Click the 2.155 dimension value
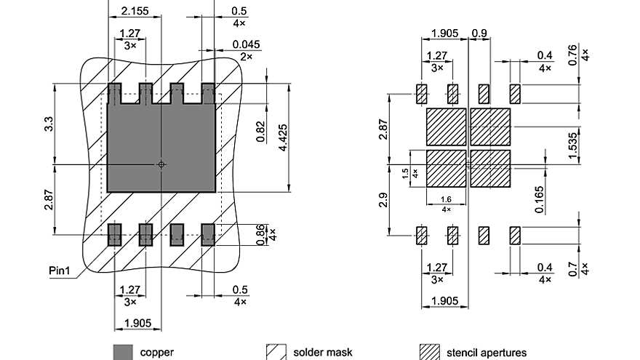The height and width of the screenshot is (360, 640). pos(132,11)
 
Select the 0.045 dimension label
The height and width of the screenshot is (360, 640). pos(245,45)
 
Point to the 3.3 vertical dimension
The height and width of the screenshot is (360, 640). pos(48,124)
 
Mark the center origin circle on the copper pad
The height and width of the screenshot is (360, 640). pos(161,165)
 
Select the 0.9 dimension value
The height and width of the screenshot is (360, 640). pos(479,33)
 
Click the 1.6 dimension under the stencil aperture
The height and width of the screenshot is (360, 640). pos(445,199)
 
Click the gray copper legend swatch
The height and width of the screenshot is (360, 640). pos(123,352)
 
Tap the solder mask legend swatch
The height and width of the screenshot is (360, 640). pos(276,352)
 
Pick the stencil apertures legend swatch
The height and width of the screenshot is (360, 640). pos(431,352)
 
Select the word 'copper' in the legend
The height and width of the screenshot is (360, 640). pos(157,353)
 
